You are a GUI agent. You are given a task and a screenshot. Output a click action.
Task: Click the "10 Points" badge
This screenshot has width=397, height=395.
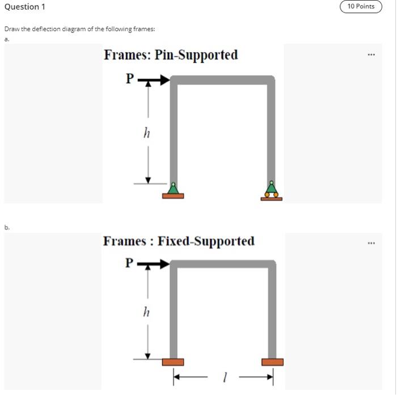pos(361,7)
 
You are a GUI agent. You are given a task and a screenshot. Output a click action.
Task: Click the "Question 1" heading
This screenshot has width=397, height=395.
pos(24,7)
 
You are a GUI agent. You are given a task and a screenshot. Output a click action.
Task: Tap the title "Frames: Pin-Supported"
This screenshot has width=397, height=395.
pos(171,55)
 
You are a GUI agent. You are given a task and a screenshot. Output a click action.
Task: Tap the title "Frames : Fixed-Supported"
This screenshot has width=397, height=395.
pos(179,241)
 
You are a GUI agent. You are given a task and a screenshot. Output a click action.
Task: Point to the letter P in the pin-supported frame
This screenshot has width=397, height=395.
pos(130,79)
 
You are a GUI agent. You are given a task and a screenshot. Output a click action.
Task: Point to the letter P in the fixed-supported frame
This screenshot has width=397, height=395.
pos(130,262)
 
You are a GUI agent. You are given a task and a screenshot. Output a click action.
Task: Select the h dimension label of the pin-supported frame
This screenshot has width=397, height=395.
pos(147,133)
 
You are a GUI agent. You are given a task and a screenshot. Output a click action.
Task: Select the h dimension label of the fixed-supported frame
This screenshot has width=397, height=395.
pos(147,312)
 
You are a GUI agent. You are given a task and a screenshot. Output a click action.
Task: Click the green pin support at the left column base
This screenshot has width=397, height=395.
pos(173,189)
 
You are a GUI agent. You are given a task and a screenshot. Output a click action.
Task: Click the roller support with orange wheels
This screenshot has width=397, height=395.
pos(272,191)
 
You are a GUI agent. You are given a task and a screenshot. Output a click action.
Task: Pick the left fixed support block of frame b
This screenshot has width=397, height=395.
pos(173,362)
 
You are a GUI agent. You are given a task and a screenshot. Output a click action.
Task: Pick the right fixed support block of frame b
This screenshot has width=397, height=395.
pos(272,362)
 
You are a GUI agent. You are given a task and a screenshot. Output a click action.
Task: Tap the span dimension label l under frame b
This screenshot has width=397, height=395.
pos(225,377)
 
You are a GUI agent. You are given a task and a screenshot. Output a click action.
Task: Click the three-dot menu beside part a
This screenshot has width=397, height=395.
pos(371,55)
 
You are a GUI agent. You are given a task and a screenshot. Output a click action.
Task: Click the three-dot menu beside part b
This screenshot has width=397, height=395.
pos(371,243)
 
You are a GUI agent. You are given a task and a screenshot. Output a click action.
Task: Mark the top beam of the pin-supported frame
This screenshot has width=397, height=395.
pos(222,80)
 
